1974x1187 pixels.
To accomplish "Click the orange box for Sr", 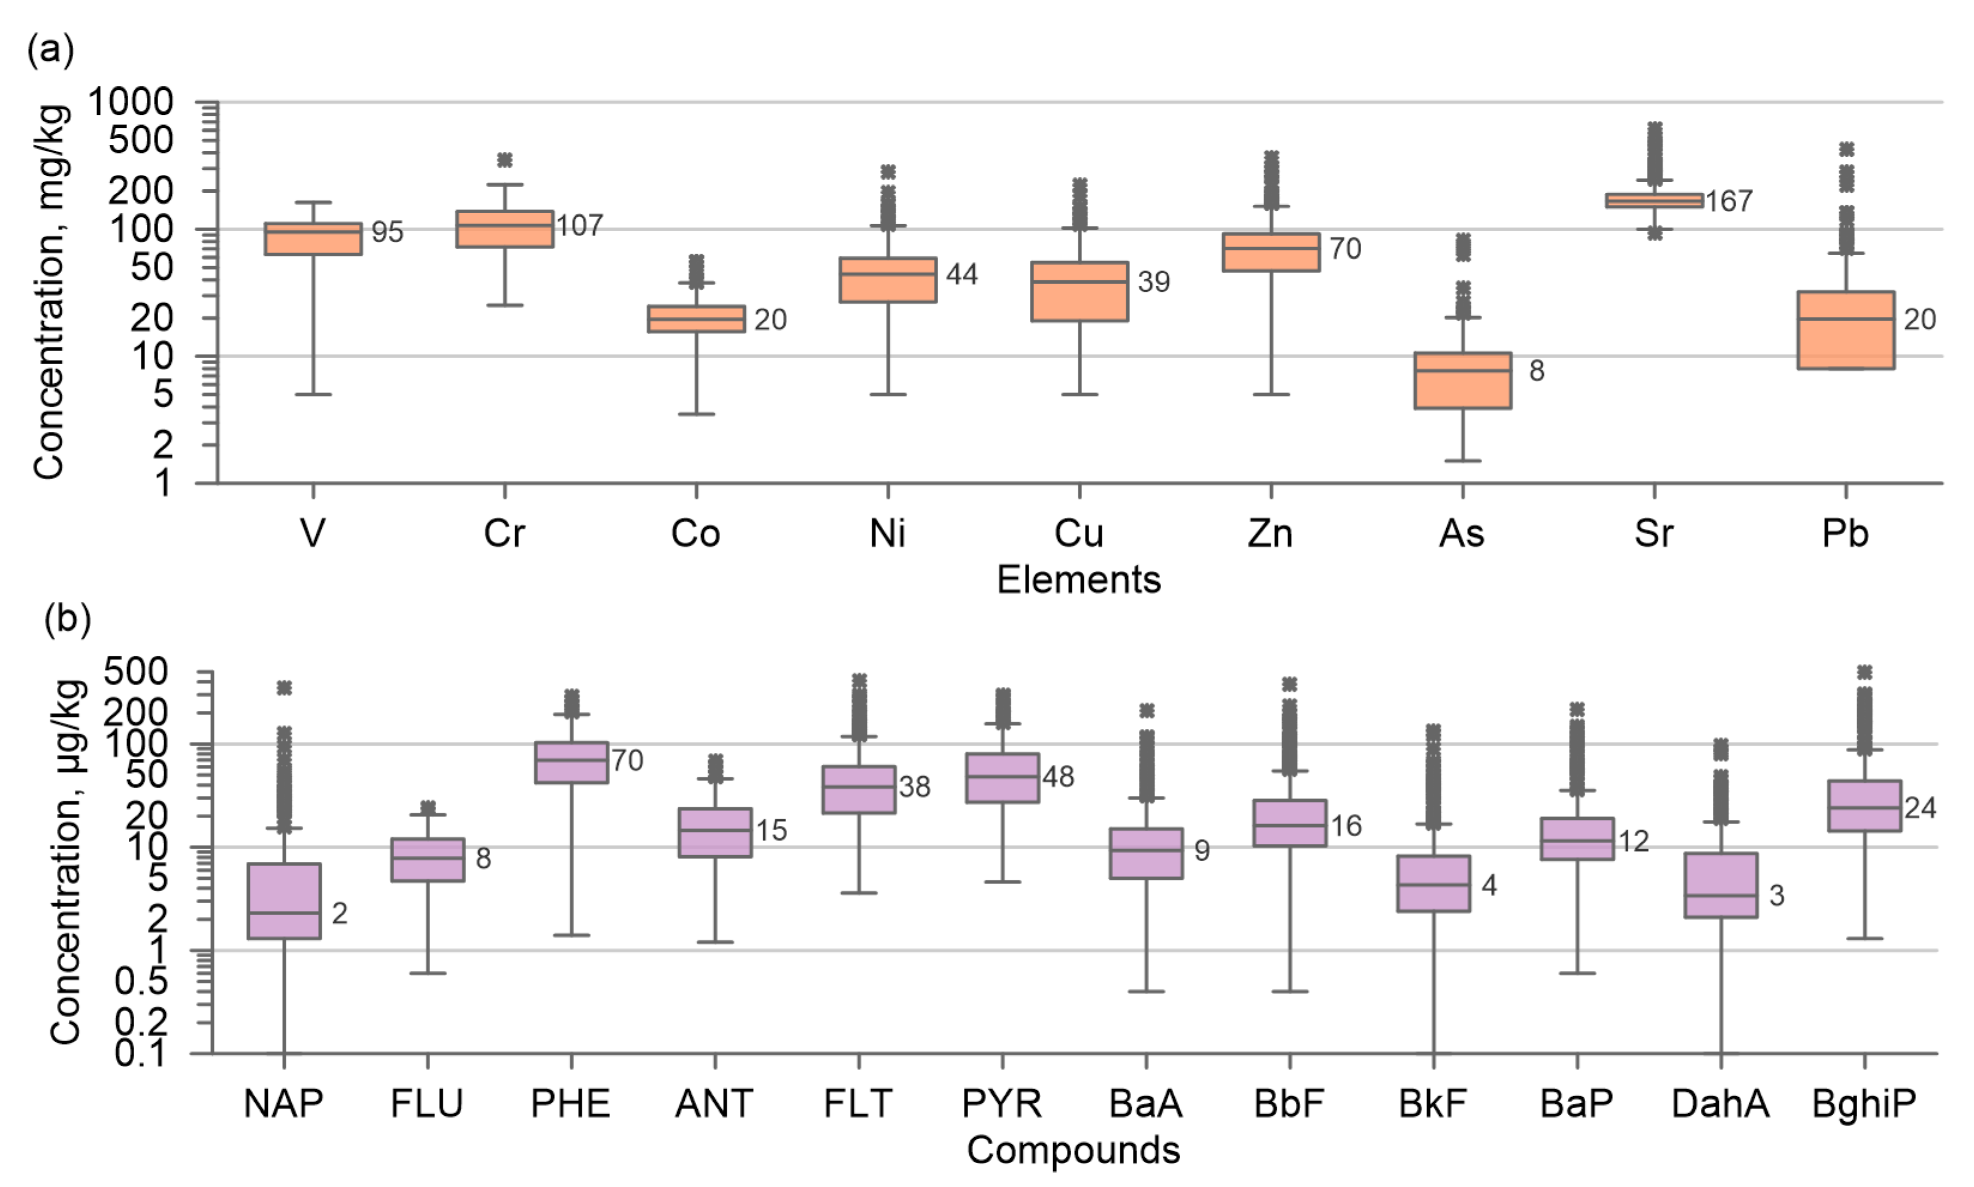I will [1654, 200].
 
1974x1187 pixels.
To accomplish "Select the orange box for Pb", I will [1845, 329].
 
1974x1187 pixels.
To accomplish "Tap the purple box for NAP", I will [284, 901].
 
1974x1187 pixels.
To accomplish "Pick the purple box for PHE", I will [572, 761].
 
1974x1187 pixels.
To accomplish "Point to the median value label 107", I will [579, 226].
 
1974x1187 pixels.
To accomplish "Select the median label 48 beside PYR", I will [1058, 777].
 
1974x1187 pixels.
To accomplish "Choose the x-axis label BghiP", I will [1864, 1104].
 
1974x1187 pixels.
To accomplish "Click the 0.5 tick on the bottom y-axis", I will [141, 982].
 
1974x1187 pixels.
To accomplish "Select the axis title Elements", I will [1078, 580].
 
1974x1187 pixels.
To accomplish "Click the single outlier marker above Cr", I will [504, 160].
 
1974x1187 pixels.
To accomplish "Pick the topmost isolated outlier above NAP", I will [284, 688].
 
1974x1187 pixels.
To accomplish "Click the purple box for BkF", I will [1433, 883].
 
